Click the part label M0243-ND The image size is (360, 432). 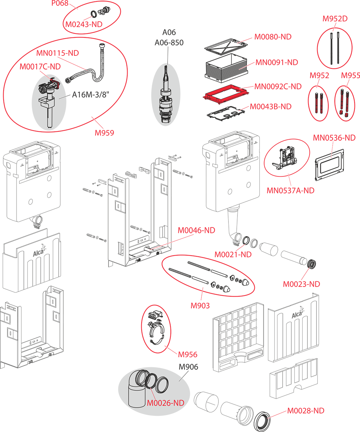[x=84, y=24]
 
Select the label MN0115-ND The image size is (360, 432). [x=57, y=53]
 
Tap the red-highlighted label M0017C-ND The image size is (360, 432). [x=40, y=67]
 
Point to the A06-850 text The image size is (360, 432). [x=169, y=43]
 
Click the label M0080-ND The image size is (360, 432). [x=273, y=37]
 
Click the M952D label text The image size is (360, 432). [x=335, y=19]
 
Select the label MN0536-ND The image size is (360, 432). [x=334, y=138]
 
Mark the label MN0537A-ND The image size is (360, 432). [x=290, y=190]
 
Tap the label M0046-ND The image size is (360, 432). [x=196, y=230]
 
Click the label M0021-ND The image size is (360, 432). [x=233, y=255]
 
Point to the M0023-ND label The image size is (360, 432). [x=301, y=284]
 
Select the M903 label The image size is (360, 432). [x=200, y=306]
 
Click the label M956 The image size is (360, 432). [x=188, y=355]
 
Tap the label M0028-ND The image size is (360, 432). [x=306, y=411]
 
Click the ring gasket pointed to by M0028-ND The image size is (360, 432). [x=264, y=419]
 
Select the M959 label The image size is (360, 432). [x=104, y=132]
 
